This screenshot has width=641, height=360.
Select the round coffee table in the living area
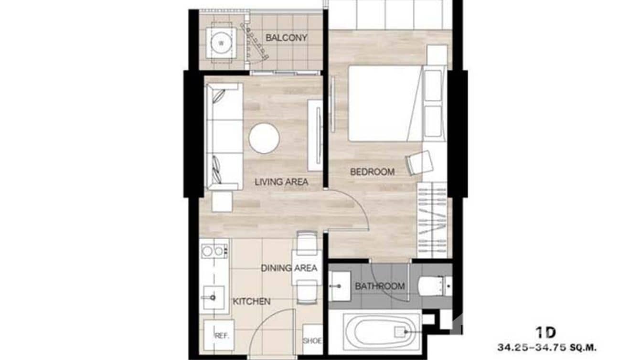point(264,138)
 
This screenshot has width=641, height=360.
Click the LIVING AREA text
point(281,182)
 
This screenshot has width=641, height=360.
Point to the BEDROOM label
point(373,172)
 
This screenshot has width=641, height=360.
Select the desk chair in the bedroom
point(419,162)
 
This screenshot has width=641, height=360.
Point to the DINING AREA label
point(289,268)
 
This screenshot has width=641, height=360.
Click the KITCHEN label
point(251,301)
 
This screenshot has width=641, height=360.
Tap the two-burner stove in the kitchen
point(214,251)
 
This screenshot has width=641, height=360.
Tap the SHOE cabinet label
point(312,341)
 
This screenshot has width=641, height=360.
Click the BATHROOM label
point(380,286)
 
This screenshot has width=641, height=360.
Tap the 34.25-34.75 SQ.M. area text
point(546,347)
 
